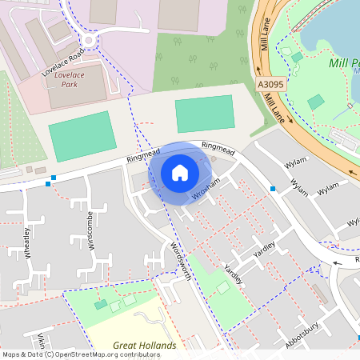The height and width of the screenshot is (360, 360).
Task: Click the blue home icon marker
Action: coord(180,173)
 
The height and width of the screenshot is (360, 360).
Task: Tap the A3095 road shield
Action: coord(271,84)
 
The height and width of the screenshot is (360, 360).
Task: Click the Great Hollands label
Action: coord(144,346)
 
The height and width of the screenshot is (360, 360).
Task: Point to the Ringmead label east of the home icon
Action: coord(217,146)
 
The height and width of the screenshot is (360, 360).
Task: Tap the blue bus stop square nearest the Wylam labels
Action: coord(274,190)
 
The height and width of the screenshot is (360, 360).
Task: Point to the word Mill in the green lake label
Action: coord(340,62)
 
